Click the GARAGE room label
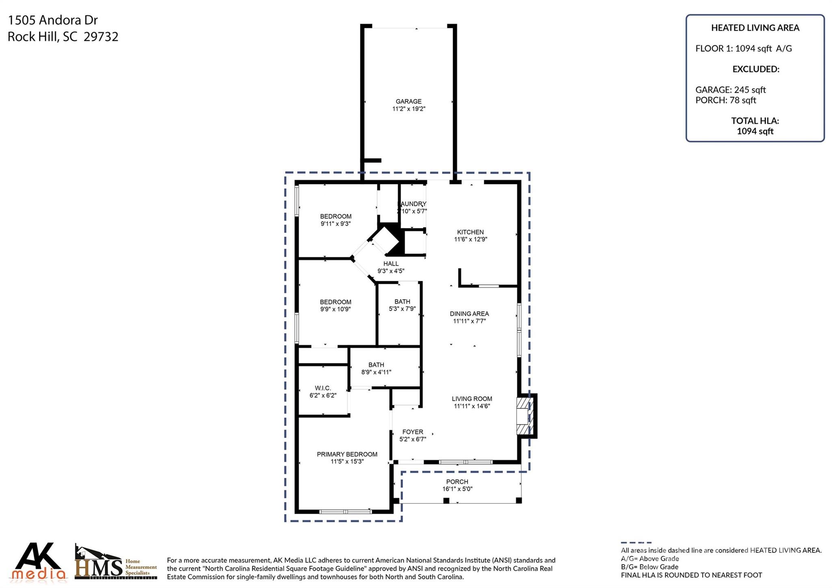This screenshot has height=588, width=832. click(x=408, y=102)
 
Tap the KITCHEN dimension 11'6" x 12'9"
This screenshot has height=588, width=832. click(x=470, y=239)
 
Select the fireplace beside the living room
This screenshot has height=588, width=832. click(x=524, y=416)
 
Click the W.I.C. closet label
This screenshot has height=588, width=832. click(x=323, y=388)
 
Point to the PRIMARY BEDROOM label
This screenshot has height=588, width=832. click(x=347, y=454)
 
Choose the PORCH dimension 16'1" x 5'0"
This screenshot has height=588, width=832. click(x=457, y=489)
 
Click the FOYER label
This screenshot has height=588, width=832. click(x=413, y=432)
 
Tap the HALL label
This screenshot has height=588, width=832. click(x=391, y=264)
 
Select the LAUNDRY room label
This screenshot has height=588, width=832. click(x=413, y=204)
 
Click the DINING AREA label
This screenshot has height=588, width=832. click(x=469, y=314)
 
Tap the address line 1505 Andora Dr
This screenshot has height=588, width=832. click(x=53, y=20)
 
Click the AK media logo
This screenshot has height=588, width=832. click(x=39, y=562)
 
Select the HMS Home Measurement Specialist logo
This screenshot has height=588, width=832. click(x=115, y=564)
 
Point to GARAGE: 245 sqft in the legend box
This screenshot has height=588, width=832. click(x=730, y=90)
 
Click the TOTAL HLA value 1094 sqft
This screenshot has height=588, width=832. click(x=755, y=131)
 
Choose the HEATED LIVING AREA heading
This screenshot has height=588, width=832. click(x=755, y=28)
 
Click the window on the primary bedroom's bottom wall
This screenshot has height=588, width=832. click(x=345, y=512)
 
